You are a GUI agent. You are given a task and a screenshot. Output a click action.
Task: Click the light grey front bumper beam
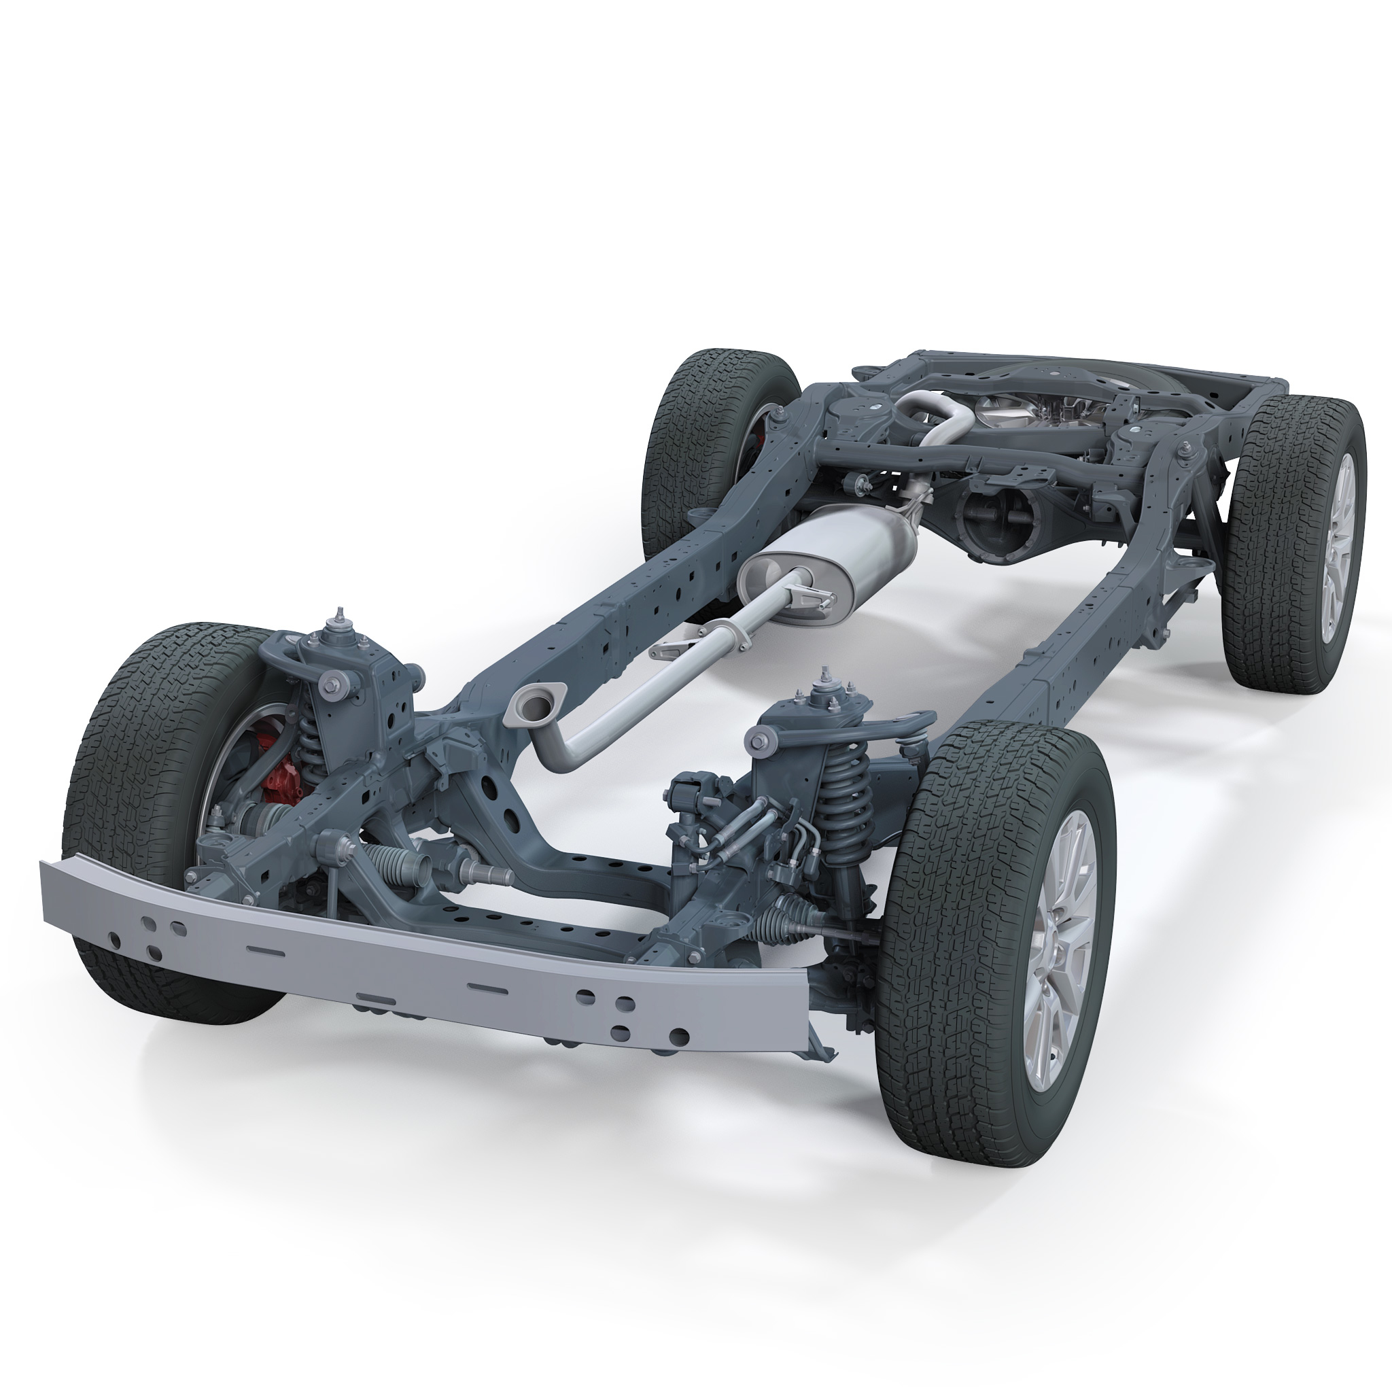(x=432, y=958)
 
